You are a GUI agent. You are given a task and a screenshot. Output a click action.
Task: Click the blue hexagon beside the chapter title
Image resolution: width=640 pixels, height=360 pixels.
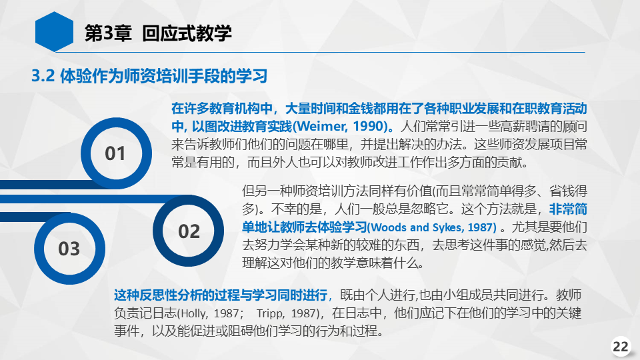[x=54, y=32]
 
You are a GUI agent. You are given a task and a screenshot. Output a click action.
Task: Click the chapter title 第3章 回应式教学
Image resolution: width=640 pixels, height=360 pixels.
[x=158, y=33]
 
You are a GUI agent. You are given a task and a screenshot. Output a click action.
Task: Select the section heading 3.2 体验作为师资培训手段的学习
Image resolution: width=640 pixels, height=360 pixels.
[x=149, y=76]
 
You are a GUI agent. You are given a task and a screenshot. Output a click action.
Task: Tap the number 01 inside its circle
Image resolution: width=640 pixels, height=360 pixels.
[x=115, y=153]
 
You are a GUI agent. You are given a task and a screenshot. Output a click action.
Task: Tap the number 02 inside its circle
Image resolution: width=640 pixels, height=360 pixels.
[x=189, y=231]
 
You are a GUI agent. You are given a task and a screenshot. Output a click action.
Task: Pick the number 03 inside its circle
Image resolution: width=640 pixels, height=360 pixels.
[x=69, y=249]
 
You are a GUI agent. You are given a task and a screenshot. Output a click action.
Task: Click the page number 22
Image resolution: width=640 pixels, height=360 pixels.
[x=621, y=347]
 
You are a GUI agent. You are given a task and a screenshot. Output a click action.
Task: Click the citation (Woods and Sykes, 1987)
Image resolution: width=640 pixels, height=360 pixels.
[x=432, y=227]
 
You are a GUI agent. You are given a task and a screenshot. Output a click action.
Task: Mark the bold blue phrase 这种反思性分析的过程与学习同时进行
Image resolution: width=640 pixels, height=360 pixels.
[x=221, y=295]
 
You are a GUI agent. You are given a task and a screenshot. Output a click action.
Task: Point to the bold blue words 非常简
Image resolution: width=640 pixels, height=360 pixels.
[x=568, y=209]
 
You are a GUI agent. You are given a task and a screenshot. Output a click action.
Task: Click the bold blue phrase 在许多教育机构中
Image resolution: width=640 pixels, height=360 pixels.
[x=221, y=108]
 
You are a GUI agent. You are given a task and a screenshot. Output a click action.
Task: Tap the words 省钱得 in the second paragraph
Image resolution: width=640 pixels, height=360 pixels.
[x=568, y=191]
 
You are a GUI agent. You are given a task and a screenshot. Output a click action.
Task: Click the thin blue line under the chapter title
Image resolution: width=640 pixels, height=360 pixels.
[x=320, y=52]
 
